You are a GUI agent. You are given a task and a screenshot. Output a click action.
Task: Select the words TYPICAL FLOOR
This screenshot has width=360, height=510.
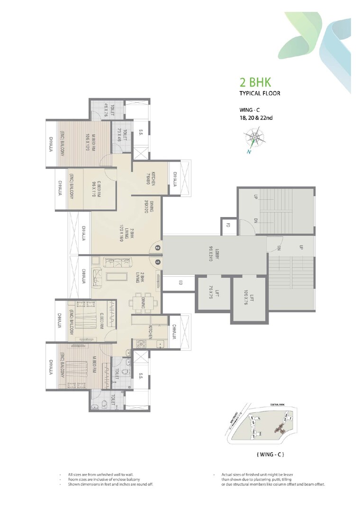(x=260, y=93)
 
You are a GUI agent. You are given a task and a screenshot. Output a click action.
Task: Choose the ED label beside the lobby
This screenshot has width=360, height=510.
(x=180, y=283)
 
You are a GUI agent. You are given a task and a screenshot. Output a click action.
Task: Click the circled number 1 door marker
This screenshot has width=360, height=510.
(x=157, y=261)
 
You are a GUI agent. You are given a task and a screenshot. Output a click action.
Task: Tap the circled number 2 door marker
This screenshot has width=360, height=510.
(x=157, y=247)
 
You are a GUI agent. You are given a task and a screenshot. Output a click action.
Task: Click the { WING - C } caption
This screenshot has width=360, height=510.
(x=270, y=455)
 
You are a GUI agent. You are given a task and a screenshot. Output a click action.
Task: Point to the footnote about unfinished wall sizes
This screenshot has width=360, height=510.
(x=106, y=474)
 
